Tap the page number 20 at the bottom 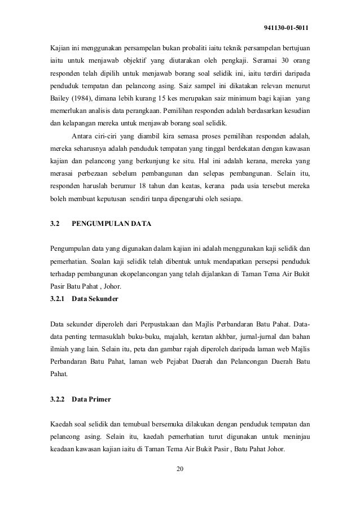coord(180,469)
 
